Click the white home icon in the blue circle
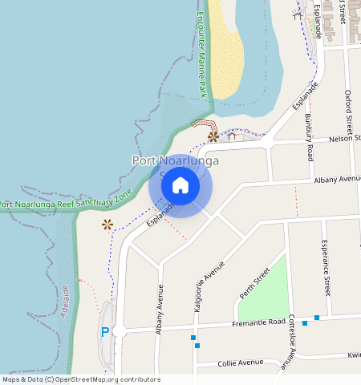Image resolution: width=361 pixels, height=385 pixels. click(x=180, y=185)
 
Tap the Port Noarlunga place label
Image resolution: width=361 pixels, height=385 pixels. click(x=175, y=161)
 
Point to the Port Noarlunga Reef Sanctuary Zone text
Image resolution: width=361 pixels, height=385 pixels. click(x=66, y=200)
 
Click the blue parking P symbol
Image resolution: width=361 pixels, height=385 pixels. click(x=104, y=332)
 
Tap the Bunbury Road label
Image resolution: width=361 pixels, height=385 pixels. click(x=309, y=136)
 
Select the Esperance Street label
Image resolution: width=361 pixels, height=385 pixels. click(x=326, y=266)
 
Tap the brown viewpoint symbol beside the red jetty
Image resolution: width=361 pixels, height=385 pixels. click(x=213, y=136)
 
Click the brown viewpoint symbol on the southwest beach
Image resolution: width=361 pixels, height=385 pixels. click(x=107, y=225)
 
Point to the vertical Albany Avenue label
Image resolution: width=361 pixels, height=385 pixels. click(x=160, y=310)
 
